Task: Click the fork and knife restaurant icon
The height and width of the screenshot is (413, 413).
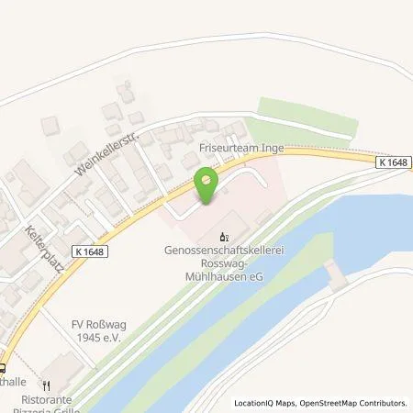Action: pyautogui.click(x=43, y=386)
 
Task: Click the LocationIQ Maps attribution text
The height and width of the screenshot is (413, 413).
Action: pyautogui.click(x=270, y=403)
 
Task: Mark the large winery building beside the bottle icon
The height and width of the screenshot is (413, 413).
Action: pyautogui.click(x=231, y=221)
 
